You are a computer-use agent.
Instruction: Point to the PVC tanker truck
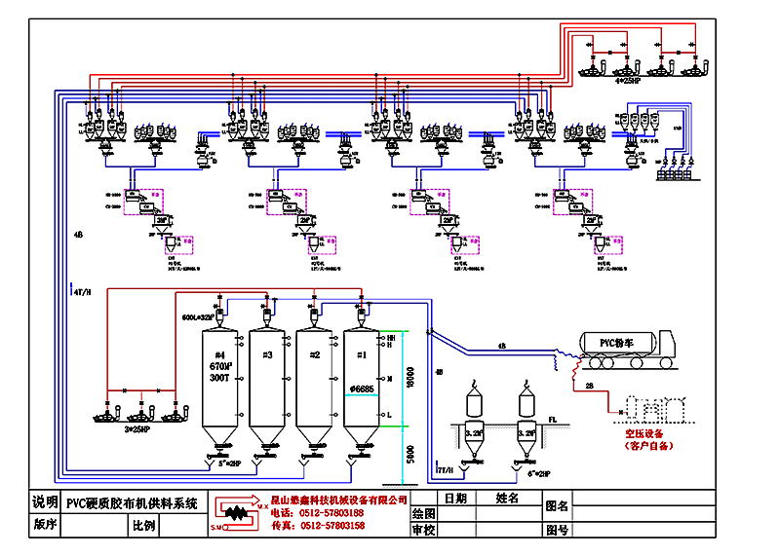pos(624,350)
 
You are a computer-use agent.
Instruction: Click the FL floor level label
pos(552,420)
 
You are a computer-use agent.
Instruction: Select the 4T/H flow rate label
pos(82,291)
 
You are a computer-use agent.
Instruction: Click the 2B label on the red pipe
pos(589,386)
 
